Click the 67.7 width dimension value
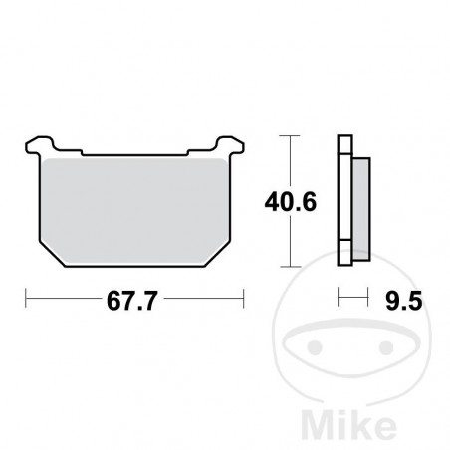click(x=132, y=297)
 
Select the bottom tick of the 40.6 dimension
click(x=289, y=266)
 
